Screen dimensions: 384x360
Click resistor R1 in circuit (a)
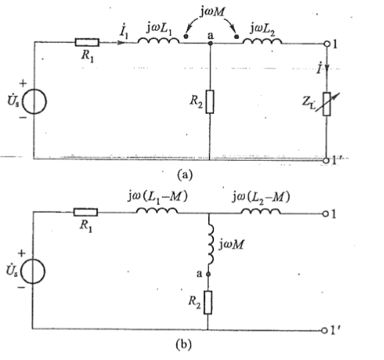click(87, 43)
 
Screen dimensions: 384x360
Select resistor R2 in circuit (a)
click(210, 101)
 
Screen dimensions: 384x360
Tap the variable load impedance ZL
click(327, 104)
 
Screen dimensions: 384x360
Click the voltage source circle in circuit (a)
click(34, 101)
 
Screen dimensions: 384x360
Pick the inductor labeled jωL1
click(158, 40)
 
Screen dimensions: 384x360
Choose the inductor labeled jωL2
click(263, 41)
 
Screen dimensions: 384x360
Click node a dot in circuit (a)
click(210, 43)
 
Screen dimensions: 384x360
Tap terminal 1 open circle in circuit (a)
click(327, 44)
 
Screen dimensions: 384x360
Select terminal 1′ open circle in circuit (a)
click(326, 161)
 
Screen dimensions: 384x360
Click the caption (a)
click(185, 175)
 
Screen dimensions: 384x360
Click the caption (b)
click(184, 345)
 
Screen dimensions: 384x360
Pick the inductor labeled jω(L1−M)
click(157, 211)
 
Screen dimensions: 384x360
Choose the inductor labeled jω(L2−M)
click(261, 211)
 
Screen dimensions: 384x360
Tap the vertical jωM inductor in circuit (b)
click(210, 245)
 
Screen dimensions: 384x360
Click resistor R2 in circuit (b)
click(208, 303)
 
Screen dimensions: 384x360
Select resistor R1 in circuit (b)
click(85, 212)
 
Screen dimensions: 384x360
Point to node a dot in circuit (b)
click(208, 274)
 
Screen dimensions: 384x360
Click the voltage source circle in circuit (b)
click(33, 271)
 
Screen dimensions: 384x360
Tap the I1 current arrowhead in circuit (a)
click(120, 43)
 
